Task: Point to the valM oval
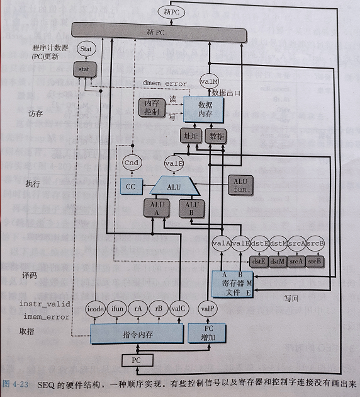208,81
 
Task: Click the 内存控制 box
151,107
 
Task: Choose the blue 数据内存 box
204,108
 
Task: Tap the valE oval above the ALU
173,163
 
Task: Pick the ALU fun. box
241,184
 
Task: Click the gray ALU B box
191,208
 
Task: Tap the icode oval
95,308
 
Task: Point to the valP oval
206,309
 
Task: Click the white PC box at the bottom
137,360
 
